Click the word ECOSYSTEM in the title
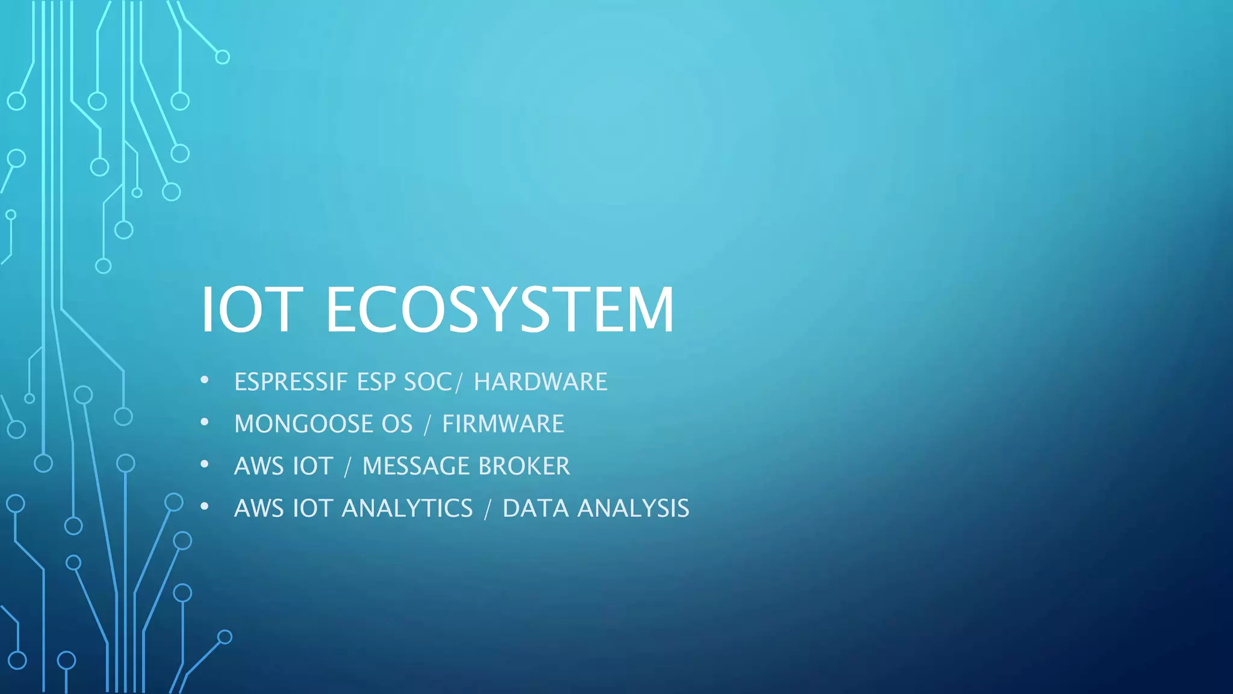(500, 310)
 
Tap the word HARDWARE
(541, 382)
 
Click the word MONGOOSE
(304, 424)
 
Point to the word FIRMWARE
(503, 424)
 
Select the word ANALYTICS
(407, 508)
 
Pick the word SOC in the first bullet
(427, 382)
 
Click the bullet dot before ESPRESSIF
(205, 380)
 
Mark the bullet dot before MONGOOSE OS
(205, 422)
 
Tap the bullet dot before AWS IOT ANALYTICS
(205, 507)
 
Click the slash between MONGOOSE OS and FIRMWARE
(427, 425)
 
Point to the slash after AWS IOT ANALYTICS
(488, 509)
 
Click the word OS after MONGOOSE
(397, 424)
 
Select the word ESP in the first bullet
(376, 382)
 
